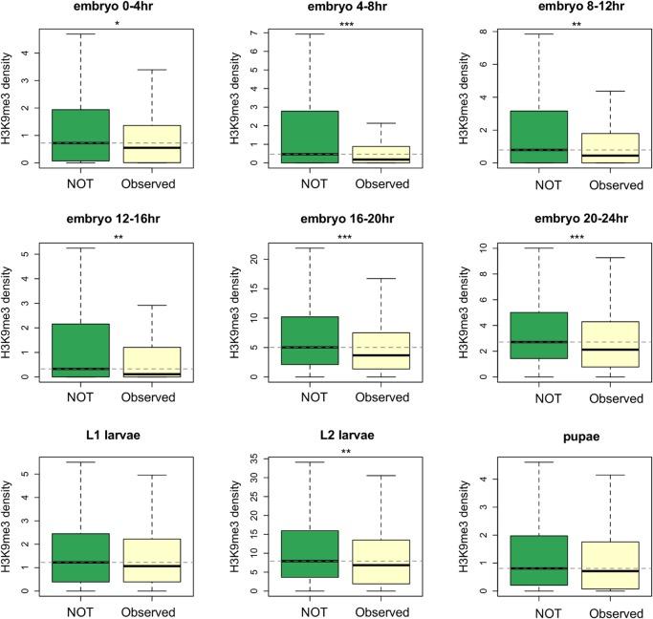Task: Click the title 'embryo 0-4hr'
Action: click(x=117, y=8)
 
